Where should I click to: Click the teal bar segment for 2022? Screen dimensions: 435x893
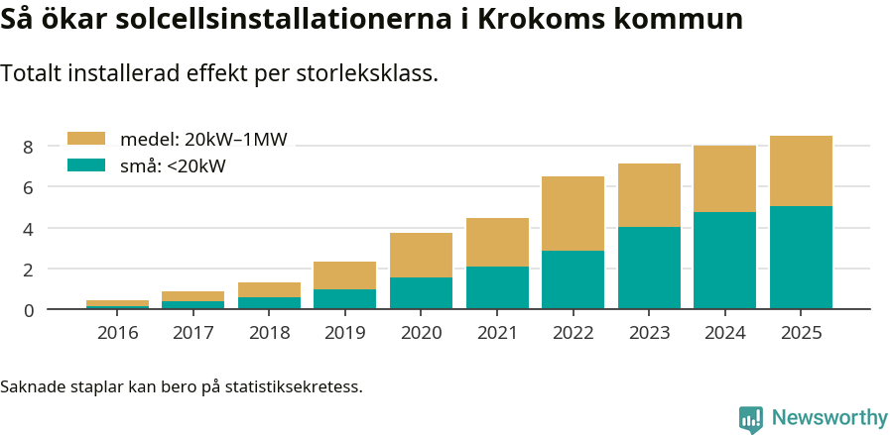[x=573, y=279]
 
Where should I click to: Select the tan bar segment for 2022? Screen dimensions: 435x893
[x=573, y=213]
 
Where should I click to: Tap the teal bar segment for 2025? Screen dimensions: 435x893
[x=801, y=258]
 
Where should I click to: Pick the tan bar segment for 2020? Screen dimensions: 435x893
[x=421, y=255]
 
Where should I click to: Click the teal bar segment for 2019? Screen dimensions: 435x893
[x=344, y=299]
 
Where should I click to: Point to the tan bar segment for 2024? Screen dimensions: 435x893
[x=724, y=178]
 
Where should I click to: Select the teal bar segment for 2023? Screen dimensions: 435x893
[x=649, y=268]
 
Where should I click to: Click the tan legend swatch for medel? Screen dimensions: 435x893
[x=85, y=140]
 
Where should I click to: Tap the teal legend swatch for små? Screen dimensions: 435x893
[x=85, y=165]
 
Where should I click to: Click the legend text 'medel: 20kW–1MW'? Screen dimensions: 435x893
[x=202, y=140]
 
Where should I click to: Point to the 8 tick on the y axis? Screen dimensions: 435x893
[x=29, y=147]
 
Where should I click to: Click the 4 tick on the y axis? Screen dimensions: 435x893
[x=29, y=229]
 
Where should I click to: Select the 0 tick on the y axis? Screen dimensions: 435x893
[x=29, y=310]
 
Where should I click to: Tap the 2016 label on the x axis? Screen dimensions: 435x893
[x=117, y=333]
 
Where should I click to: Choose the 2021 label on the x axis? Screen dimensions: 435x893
[x=497, y=333]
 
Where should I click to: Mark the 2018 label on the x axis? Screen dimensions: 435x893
[x=269, y=333]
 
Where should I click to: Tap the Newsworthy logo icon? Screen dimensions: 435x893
[x=751, y=418]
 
